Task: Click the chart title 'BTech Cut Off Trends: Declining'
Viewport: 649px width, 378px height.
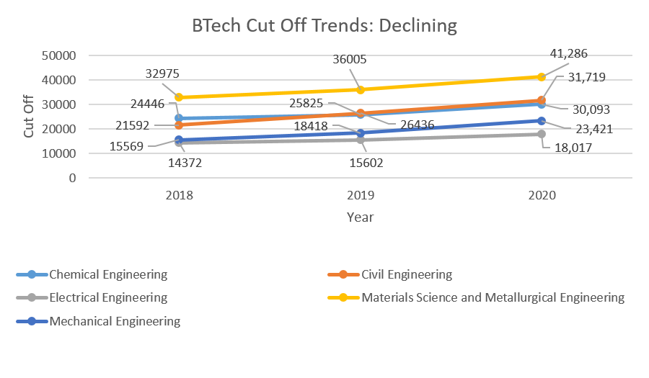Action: tap(324, 26)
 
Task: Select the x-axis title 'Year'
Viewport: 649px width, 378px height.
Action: tap(360, 216)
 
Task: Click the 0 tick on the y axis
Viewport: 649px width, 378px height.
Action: tap(72, 178)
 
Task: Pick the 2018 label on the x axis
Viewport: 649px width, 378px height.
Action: tap(179, 195)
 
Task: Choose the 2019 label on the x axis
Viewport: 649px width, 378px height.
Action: tap(360, 195)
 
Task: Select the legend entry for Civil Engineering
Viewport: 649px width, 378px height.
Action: tap(405, 274)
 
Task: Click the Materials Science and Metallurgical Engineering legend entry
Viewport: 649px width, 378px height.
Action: tap(493, 297)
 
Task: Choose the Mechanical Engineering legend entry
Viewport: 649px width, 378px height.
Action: tap(115, 321)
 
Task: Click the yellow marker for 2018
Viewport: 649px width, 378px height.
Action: tap(179, 97)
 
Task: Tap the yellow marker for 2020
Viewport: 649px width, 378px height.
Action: tap(541, 76)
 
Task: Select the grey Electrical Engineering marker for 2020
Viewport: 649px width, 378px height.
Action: tap(541, 134)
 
